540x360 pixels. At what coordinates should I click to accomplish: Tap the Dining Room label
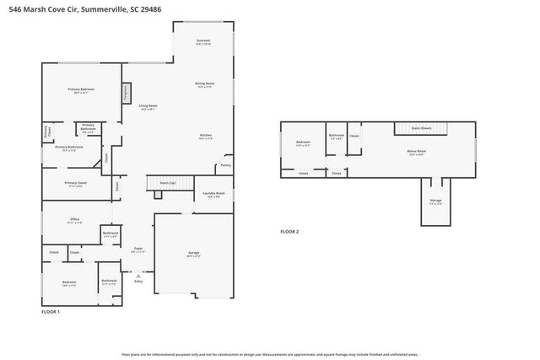click(205, 84)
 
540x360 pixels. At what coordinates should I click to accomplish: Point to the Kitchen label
click(205, 137)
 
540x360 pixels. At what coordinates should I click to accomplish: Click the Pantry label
click(225, 165)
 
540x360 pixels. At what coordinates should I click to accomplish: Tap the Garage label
click(193, 254)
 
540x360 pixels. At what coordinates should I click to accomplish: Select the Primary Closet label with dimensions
click(75, 184)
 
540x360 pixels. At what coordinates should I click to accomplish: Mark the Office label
click(74, 222)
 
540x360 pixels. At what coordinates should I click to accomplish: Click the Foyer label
click(138, 250)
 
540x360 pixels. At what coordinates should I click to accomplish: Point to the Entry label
click(138, 281)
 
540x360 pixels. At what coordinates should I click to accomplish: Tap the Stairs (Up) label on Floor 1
click(161, 182)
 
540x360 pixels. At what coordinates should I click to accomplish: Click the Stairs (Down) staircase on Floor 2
click(421, 129)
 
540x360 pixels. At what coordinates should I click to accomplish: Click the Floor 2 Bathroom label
click(336, 137)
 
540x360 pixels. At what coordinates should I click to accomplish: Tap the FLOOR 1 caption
click(51, 312)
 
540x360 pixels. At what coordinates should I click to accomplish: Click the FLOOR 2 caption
click(289, 231)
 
